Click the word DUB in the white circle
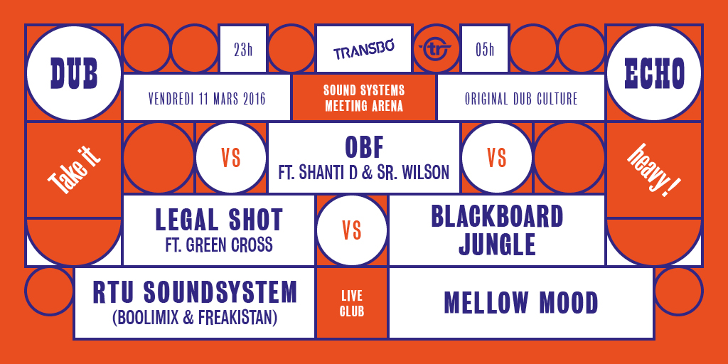click(74, 74)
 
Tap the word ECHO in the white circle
click(654, 74)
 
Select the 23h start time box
click(243, 49)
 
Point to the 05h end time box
click(485, 49)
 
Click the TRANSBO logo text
click(363, 50)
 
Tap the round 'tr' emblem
click(437, 49)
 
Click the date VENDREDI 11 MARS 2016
click(207, 99)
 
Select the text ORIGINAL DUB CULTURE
click(521, 99)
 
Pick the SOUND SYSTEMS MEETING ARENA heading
click(364, 97)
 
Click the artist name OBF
click(364, 148)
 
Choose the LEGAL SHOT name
click(219, 220)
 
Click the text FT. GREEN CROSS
click(219, 245)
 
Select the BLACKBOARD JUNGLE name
click(497, 231)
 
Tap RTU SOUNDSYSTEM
click(195, 292)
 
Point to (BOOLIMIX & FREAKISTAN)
click(195, 318)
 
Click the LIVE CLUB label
click(352, 303)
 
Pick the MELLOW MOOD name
click(521, 303)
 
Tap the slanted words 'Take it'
click(74, 170)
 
